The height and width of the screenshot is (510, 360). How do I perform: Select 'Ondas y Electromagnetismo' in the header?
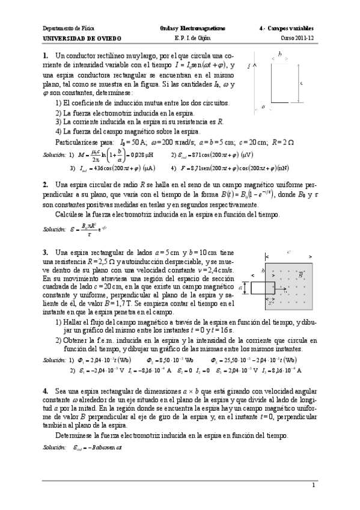183,28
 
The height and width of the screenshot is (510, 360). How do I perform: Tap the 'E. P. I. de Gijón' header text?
183,38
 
